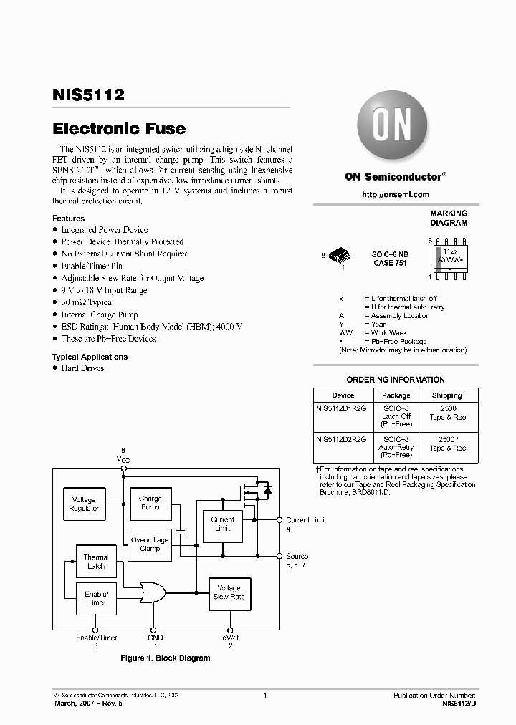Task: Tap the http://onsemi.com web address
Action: click(x=396, y=195)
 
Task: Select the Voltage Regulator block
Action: click(x=84, y=504)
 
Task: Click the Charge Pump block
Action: click(x=150, y=503)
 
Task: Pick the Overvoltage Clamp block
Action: click(x=150, y=544)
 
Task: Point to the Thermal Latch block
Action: click(x=95, y=562)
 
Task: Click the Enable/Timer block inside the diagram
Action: click(x=95, y=598)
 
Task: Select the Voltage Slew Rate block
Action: click(x=229, y=592)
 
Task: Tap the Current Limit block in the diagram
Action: click(x=223, y=524)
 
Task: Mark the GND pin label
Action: click(x=156, y=638)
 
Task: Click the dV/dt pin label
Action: click(x=230, y=638)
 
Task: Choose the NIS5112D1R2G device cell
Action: click(x=343, y=408)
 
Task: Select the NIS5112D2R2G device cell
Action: click(x=343, y=439)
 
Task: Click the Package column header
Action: click(x=396, y=395)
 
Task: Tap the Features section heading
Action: click(x=68, y=219)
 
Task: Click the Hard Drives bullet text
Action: click(x=82, y=368)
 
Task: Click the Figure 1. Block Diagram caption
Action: click(x=165, y=658)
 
